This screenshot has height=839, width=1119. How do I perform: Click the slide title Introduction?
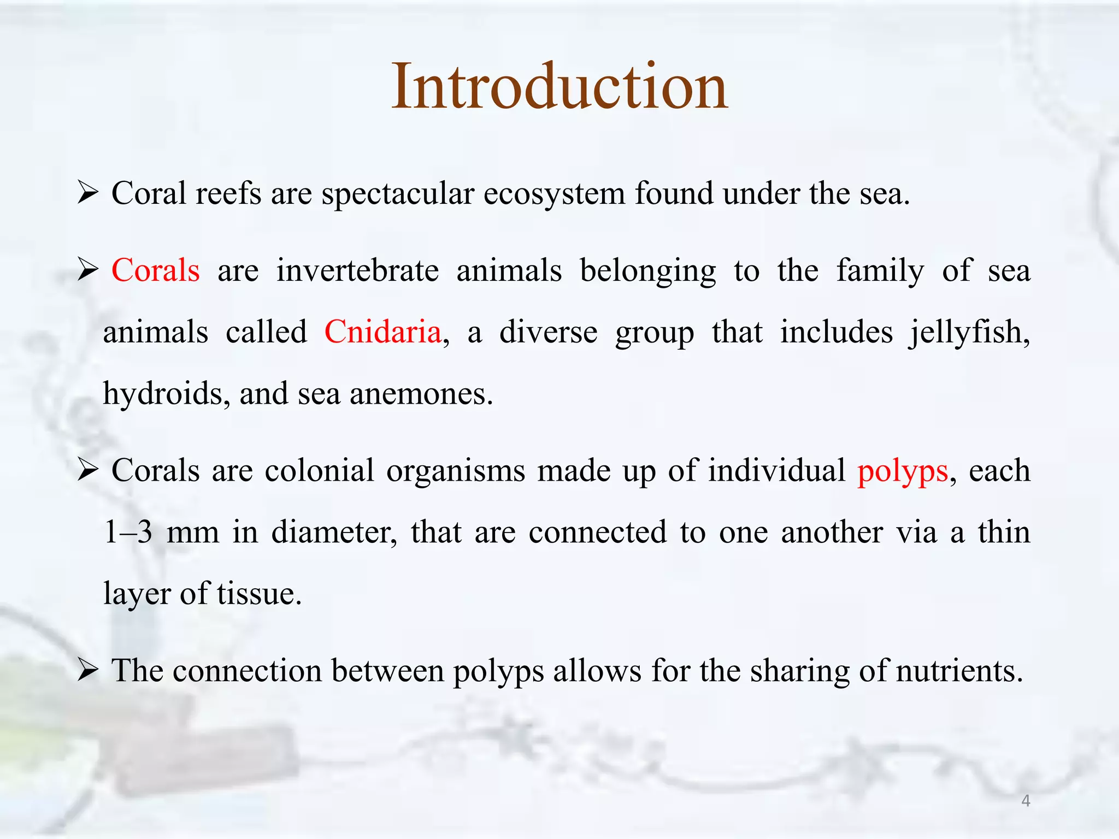559,86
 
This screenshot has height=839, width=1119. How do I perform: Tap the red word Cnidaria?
382,332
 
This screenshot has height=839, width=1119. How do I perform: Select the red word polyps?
903,471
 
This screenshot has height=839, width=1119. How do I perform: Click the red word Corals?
156,270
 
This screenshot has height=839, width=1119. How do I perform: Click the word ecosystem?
554,194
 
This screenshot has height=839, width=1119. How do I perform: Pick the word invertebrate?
357,270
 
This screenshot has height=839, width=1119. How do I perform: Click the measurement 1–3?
128,532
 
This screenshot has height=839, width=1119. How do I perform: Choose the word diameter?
334,532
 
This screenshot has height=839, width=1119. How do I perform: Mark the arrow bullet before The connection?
88,670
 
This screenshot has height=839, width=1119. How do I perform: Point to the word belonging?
647,271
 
